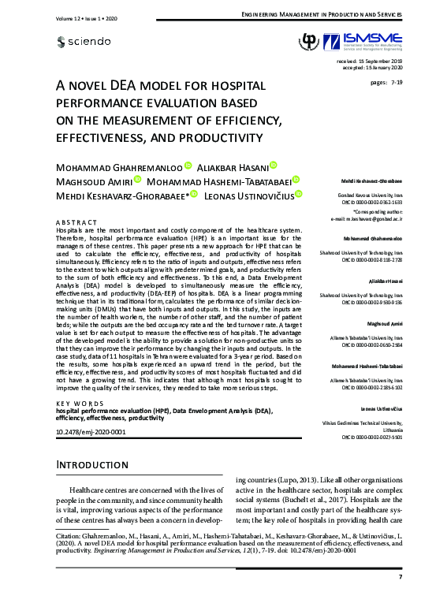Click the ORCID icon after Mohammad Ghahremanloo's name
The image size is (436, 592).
click(188, 166)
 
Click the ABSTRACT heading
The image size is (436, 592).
click(76, 223)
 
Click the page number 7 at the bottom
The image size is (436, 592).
click(400, 577)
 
